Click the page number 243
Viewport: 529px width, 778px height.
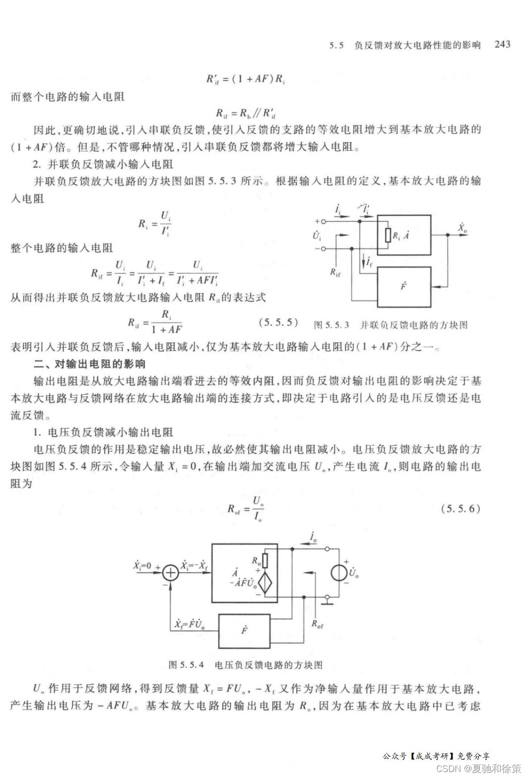(502, 44)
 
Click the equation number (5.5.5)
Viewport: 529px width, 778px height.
(278, 322)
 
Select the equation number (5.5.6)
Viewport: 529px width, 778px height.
(461, 508)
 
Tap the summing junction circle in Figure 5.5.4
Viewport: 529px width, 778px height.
(171, 573)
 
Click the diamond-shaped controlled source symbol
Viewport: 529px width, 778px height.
(266, 582)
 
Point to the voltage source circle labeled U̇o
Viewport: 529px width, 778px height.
(339, 572)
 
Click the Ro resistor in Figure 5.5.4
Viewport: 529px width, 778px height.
(265, 560)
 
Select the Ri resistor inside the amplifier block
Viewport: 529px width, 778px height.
(387, 235)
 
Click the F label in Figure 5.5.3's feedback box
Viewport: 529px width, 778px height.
(403, 286)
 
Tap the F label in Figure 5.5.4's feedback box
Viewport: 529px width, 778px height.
(245, 631)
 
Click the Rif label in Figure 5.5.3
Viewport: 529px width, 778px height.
(335, 272)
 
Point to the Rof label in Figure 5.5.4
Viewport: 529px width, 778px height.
(317, 624)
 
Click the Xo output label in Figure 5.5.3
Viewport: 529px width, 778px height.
(463, 228)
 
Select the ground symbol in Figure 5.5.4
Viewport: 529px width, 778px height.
(327, 602)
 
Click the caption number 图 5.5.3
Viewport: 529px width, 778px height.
(331, 325)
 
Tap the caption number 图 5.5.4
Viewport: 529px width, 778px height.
(186, 664)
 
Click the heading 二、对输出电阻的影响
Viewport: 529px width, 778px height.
(89, 364)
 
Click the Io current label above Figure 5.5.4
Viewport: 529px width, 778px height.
(314, 536)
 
